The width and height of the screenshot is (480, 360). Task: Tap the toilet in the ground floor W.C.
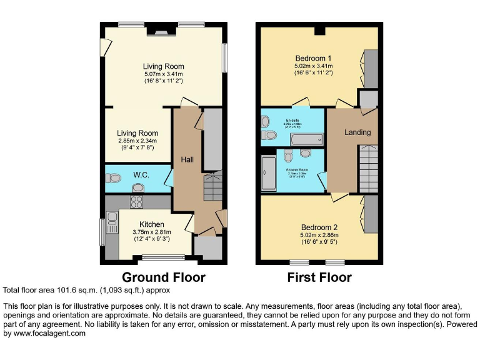(x=114, y=178)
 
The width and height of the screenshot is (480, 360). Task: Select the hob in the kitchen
(x=137, y=202)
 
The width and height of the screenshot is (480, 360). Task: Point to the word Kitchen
(x=152, y=224)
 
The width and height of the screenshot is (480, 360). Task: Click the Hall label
(x=187, y=160)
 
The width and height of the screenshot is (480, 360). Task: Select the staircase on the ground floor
(x=213, y=186)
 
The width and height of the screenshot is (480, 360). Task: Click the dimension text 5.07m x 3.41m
(x=163, y=74)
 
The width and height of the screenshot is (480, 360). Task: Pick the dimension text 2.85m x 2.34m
(x=138, y=141)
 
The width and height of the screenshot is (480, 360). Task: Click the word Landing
(x=357, y=132)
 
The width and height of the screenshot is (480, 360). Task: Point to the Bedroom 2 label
(x=319, y=227)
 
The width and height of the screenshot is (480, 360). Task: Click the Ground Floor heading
(x=163, y=277)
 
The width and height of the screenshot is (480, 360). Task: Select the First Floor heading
(x=319, y=277)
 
